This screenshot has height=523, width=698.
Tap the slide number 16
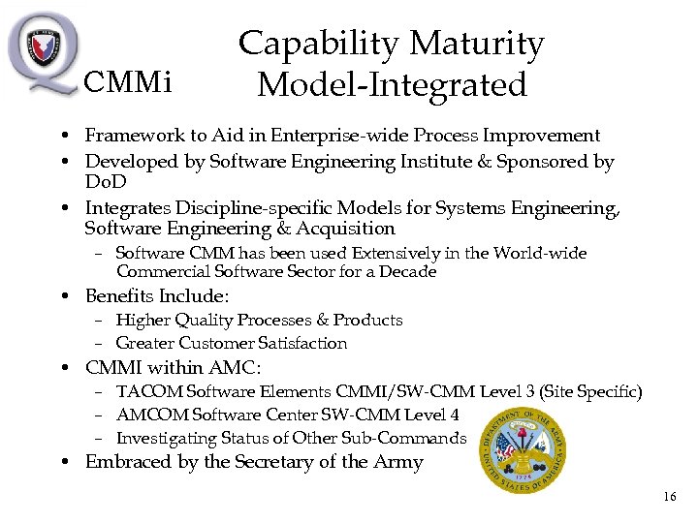[670, 497]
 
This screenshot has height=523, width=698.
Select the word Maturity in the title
[476, 44]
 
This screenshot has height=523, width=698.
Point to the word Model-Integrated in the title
[392, 85]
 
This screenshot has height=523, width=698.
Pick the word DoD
[106, 182]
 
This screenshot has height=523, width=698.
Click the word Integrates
[129, 207]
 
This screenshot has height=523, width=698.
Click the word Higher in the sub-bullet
[142, 320]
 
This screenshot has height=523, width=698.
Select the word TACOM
[147, 391]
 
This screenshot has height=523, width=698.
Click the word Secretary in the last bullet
[256, 462]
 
